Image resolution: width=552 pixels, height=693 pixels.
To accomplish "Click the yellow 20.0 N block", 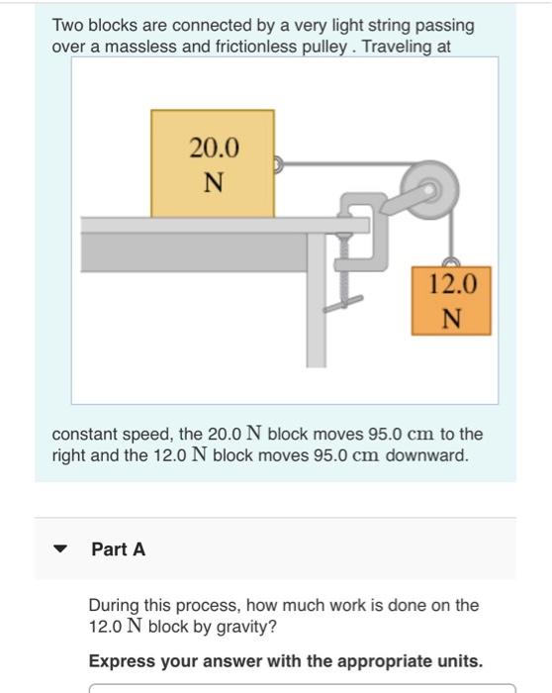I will point(212,163).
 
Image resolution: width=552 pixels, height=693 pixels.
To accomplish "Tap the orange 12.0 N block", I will point(453,301).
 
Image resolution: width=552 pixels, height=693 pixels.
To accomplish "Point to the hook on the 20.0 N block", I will point(280,164).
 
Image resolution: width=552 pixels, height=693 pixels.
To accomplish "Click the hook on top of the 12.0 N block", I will point(453,262).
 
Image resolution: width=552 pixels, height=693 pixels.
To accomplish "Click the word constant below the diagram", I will point(86,435).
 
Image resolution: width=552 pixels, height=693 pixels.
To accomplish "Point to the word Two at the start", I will point(67,25).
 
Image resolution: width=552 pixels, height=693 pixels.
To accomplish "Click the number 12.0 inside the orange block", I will point(453,285).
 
